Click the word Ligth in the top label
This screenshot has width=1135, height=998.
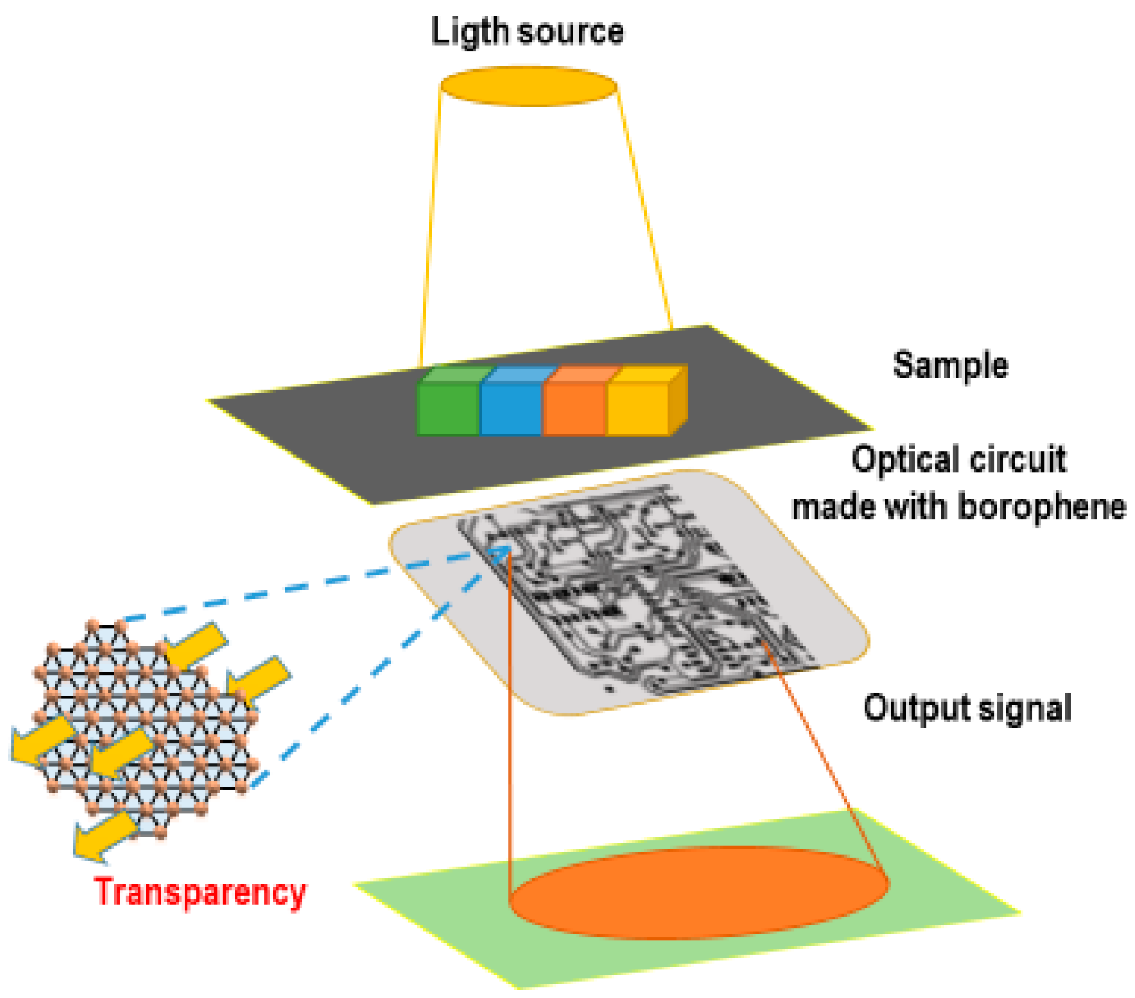click(469, 32)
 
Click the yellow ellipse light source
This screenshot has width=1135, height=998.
click(528, 87)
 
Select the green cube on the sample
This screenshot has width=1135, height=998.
click(448, 407)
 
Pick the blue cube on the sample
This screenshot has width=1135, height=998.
click(511, 407)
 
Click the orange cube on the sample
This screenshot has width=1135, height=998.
click(575, 407)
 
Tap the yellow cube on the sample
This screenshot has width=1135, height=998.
click(640, 407)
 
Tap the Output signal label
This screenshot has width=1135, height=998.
click(966, 707)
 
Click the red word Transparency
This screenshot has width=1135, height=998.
click(200, 892)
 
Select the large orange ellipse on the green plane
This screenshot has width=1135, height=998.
click(698, 893)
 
